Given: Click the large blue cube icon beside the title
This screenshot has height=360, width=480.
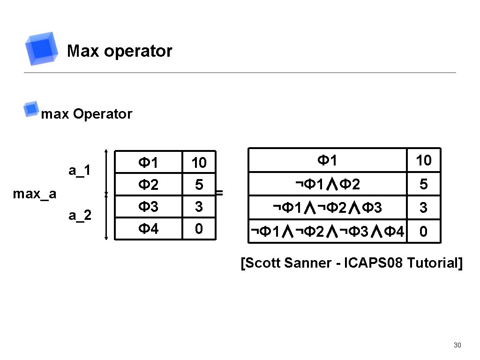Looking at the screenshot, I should (x=43, y=48).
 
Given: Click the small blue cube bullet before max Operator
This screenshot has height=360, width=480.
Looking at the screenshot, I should (x=31, y=109).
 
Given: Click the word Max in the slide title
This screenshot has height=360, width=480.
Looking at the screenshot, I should (x=83, y=51).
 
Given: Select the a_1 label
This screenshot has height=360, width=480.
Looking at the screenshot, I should (x=79, y=170).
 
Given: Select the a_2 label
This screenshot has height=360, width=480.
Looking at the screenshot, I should (x=79, y=216).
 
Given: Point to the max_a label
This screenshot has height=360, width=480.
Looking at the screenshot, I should (x=35, y=193).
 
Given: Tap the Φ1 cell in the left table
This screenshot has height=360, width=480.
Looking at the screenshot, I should (x=148, y=163).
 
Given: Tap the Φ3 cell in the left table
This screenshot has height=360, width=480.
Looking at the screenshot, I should (x=148, y=206).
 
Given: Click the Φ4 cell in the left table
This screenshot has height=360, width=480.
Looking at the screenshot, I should (x=148, y=229).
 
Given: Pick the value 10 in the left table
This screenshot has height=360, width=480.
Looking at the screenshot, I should (x=199, y=163).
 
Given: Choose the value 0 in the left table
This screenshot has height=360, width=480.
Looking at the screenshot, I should (x=199, y=229).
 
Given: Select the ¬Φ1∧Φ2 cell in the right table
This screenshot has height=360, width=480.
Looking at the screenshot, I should (x=328, y=185).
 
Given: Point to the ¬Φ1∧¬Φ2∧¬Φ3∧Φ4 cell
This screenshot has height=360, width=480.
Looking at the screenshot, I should (x=328, y=231).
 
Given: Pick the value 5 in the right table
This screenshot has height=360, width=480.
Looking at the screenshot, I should (x=423, y=185).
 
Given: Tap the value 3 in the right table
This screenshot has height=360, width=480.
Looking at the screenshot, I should (x=423, y=208).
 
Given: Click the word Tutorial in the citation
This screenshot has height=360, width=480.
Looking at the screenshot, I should (x=434, y=263).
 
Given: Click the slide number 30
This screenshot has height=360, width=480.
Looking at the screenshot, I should (x=457, y=345).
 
